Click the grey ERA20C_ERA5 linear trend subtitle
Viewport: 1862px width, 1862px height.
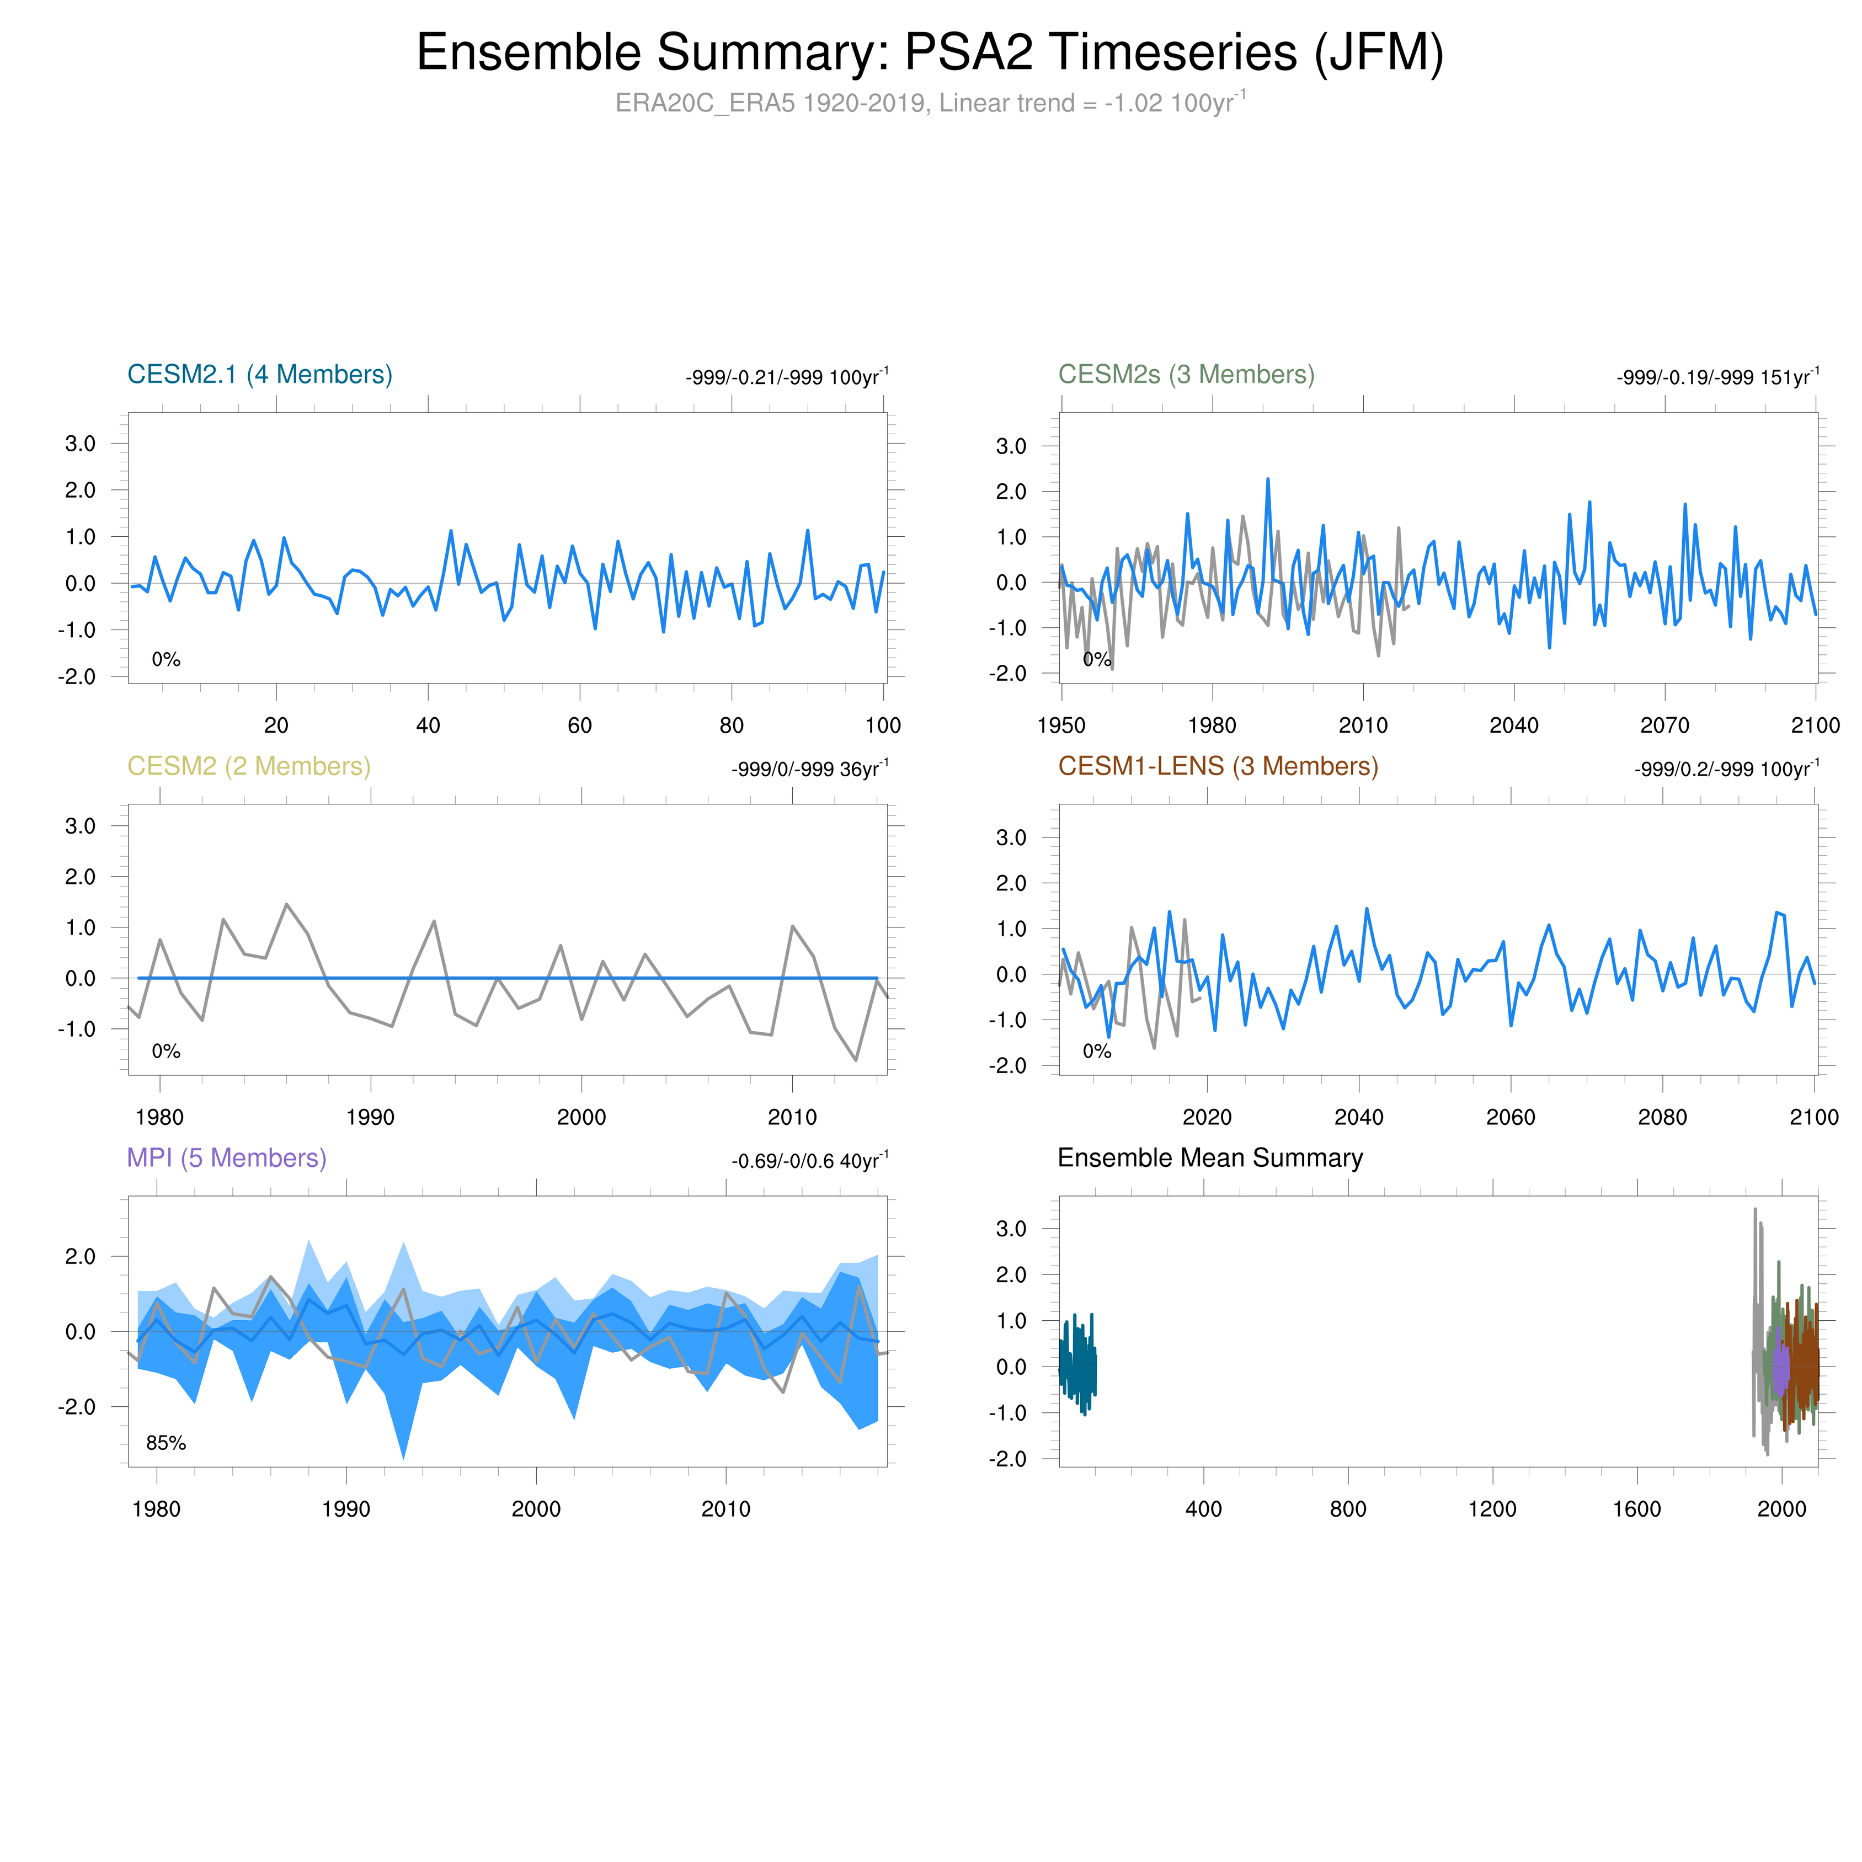(930, 103)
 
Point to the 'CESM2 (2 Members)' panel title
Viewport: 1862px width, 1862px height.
(249, 766)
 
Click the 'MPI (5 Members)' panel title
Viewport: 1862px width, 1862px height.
(227, 1157)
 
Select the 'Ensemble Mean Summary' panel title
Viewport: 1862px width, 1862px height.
(1209, 1157)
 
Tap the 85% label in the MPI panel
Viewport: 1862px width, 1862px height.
(166, 1443)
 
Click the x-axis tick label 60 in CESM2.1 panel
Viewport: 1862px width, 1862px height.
(579, 725)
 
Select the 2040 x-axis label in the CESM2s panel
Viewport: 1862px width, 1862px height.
(1514, 725)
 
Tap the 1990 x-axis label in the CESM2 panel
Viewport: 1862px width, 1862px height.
(370, 1117)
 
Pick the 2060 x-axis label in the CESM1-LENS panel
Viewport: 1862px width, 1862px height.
(1510, 1117)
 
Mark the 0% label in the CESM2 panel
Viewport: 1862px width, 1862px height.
(166, 1050)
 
